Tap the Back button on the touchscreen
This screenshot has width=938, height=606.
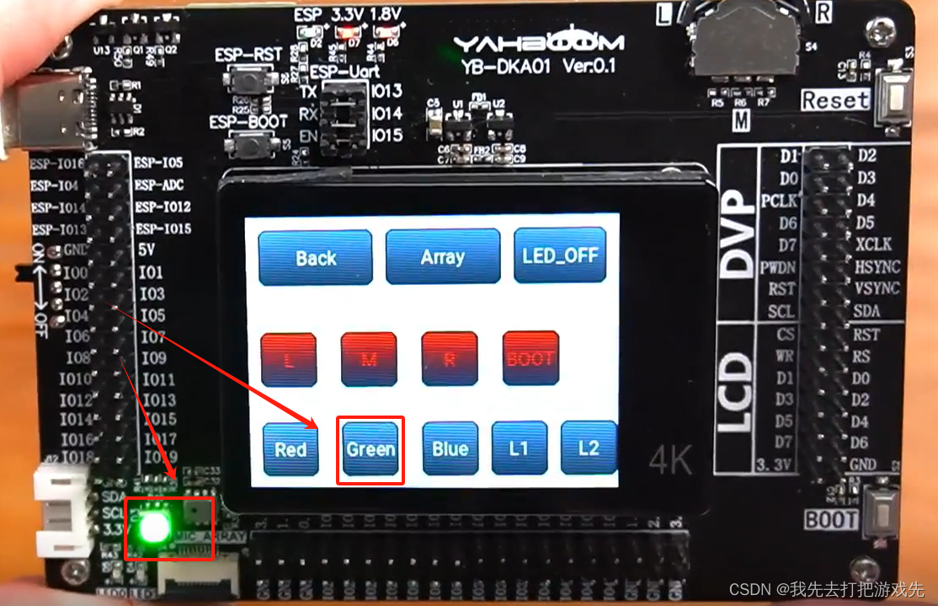tap(316, 257)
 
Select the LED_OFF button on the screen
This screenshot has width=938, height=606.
tap(560, 255)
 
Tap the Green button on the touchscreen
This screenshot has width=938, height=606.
tap(370, 449)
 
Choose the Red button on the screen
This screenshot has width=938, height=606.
tap(290, 449)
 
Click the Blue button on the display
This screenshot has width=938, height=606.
tap(450, 448)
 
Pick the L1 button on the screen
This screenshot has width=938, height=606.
tap(519, 448)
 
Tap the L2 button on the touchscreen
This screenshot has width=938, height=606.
tap(589, 447)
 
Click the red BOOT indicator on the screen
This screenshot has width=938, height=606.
tap(530, 358)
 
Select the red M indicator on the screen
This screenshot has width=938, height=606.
tap(368, 359)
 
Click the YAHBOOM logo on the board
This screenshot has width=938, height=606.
tap(539, 43)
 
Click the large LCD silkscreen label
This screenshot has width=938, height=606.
tap(738, 391)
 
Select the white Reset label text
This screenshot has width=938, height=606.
tap(834, 100)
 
